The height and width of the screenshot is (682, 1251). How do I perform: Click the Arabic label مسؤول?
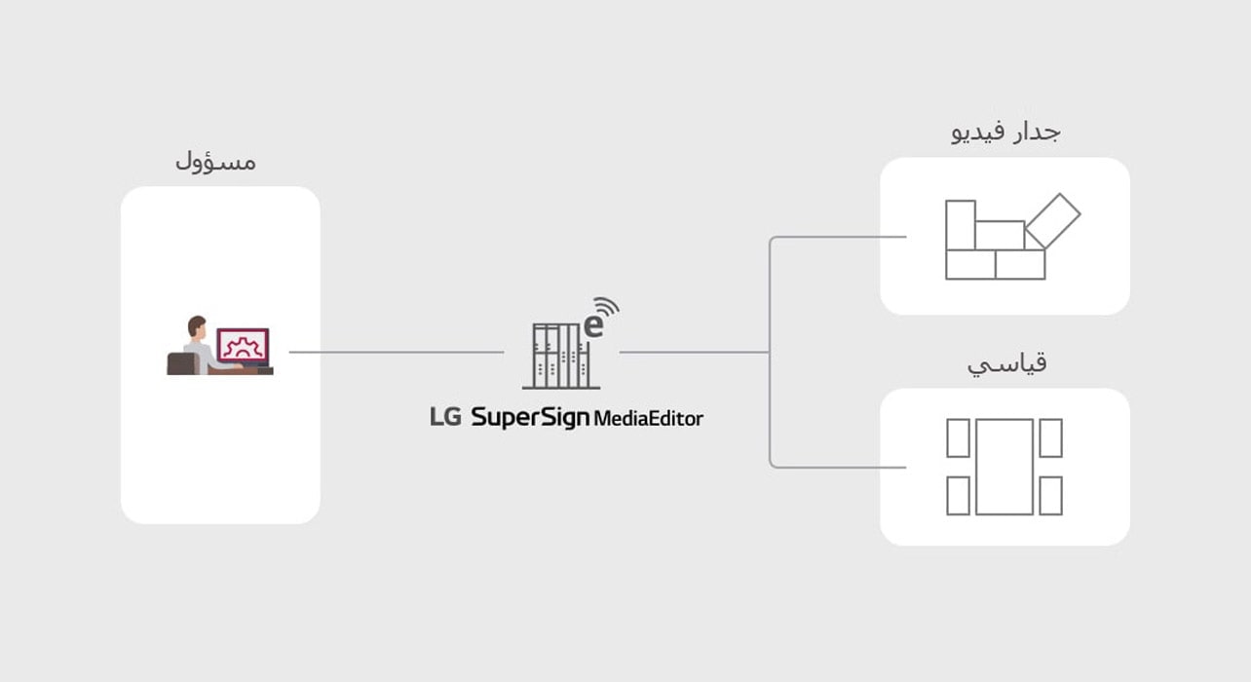[x=215, y=161]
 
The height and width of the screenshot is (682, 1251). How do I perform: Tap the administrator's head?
[x=198, y=325]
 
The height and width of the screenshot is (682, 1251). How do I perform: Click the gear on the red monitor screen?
[x=243, y=345]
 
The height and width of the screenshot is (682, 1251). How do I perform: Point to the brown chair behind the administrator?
[x=181, y=363]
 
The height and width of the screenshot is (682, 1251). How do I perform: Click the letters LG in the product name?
[x=445, y=418]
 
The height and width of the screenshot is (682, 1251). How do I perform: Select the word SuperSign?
[x=530, y=418]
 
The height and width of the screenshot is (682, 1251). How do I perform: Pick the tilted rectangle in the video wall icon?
[x=1052, y=221]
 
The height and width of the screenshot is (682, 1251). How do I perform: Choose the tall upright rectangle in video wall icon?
[x=961, y=224]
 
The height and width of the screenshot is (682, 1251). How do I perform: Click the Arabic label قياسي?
[x=1006, y=364]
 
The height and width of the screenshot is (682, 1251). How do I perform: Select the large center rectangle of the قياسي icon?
[x=1004, y=467]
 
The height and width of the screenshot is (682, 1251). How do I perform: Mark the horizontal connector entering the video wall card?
[x=838, y=237]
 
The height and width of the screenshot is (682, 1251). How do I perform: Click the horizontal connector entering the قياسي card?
[x=838, y=468]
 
